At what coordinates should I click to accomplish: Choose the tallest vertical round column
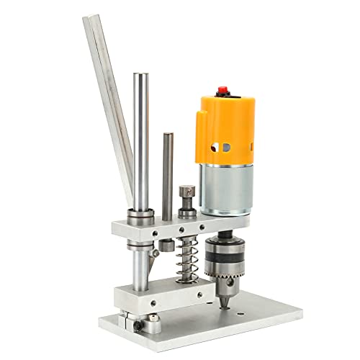[141, 144]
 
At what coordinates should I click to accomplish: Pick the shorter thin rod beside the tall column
[168, 173]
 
